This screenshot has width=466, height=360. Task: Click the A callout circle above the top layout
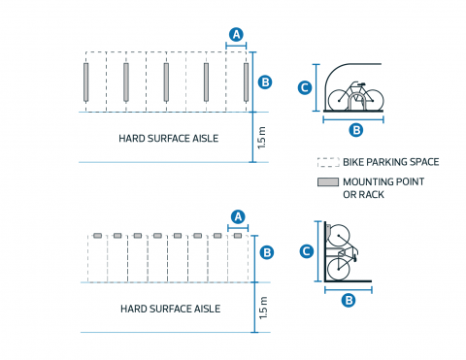pyautogui.click(x=236, y=34)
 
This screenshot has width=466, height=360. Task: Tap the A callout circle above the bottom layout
pyautogui.click(x=238, y=216)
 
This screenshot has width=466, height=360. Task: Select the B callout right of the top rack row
pyautogui.click(x=265, y=82)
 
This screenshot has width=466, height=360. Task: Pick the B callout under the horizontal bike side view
pyautogui.click(x=356, y=130)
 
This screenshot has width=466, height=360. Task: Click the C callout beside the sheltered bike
pyautogui.click(x=305, y=87)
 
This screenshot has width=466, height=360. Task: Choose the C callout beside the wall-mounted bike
pyautogui.click(x=307, y=251)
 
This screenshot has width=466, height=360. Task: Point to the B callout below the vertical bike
pyautogui.click(x=349, y=300)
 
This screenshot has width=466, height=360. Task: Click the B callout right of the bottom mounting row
pyautogui.click(x=267, y=252)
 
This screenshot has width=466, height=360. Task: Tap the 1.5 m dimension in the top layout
pyautogui.click(x=261, y=138)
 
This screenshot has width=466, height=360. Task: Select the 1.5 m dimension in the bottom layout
pyautogui.click(x=263, y=308)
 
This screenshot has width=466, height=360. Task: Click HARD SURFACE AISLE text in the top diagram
pyautogui.click(x=169, y=139)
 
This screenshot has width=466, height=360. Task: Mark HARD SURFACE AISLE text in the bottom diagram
pyautogui.click(x=171, y=309)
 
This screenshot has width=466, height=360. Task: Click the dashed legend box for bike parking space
pyautogui.click(x=328, y=162)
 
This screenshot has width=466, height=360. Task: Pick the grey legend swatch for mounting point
pyautogui.click(x=328, y=181)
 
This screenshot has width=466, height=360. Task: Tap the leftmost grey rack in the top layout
pyautogui.click(x=86, y=82)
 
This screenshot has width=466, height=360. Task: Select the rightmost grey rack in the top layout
pyautogui.click(x=247, y=82)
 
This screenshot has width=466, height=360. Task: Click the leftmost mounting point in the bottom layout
pyautogui.click(x=97, y=236)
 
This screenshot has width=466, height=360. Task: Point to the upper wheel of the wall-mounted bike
pyautogui.click(x=339, y=236)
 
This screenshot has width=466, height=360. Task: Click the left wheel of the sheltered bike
pyautogui.click(x=340, y=101)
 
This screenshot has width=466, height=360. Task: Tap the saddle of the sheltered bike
pyautogui.click(x=361, y=84)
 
